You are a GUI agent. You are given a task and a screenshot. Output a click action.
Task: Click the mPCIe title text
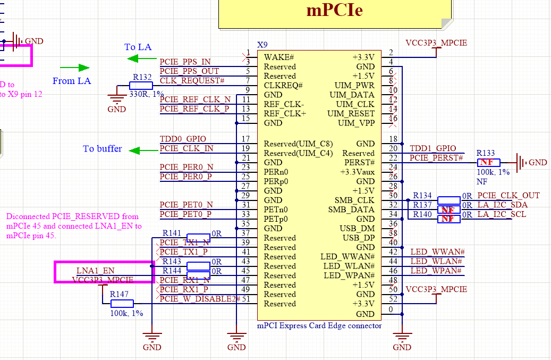coord(334,10)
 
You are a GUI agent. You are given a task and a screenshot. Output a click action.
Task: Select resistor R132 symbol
coord(141,86)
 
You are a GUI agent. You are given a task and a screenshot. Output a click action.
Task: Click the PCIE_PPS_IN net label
coord(185,62)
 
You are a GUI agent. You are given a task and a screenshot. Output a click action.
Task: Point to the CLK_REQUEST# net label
coord(192,81)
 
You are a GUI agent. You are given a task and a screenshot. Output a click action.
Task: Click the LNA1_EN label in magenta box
coord(95,271)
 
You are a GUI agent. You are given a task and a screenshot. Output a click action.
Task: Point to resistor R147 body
coord(122,304)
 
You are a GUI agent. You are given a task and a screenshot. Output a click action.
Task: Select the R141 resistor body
coord(198,238)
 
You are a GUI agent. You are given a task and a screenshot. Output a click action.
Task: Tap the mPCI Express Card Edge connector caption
coord(319,325)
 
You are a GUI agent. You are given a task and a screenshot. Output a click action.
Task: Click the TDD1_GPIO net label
coord(433,149)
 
